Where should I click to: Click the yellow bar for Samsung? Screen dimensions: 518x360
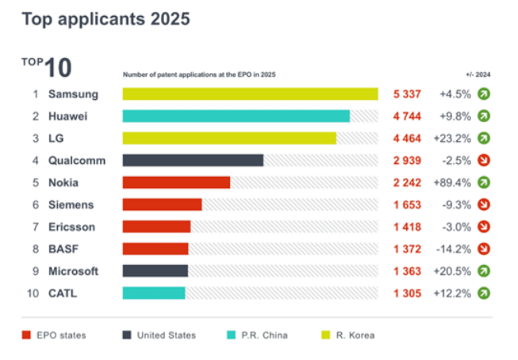click(x=250, y=94)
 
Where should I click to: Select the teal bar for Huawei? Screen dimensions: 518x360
click(x=236, y=116)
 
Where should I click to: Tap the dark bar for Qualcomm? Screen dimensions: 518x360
click(x=193, y=160)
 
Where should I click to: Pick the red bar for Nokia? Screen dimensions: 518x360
click(x=176, y=182)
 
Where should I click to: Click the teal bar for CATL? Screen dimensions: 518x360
click(x=154, y=293)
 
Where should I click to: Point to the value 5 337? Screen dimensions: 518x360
click(x=407, y=94)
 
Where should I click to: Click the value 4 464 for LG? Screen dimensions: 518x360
click(x=407, y=139)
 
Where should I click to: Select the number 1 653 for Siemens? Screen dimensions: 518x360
click(x=407, y=205)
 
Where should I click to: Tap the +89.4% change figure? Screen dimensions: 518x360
click(x=452, y=182)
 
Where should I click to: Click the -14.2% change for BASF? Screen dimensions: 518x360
click(x=454, y=249)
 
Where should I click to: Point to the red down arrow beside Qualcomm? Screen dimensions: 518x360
click(x=484, y=160)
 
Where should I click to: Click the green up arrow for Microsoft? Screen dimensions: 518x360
click(x=484, y=271)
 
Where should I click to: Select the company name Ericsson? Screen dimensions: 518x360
click(x=71, y=227)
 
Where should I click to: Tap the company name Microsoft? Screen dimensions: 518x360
click(x=73, y=271)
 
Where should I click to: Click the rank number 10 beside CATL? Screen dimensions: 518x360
click(x=33, y=293)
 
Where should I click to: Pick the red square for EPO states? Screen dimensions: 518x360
click(x=26, y=335)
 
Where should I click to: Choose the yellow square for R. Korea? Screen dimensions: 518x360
click(x=326, y=335)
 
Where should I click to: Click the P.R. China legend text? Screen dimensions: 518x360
click(x=264, y=335)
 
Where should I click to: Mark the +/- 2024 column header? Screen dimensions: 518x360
click(x=478, y=75)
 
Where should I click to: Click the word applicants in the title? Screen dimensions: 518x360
click(x=102, y=19)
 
